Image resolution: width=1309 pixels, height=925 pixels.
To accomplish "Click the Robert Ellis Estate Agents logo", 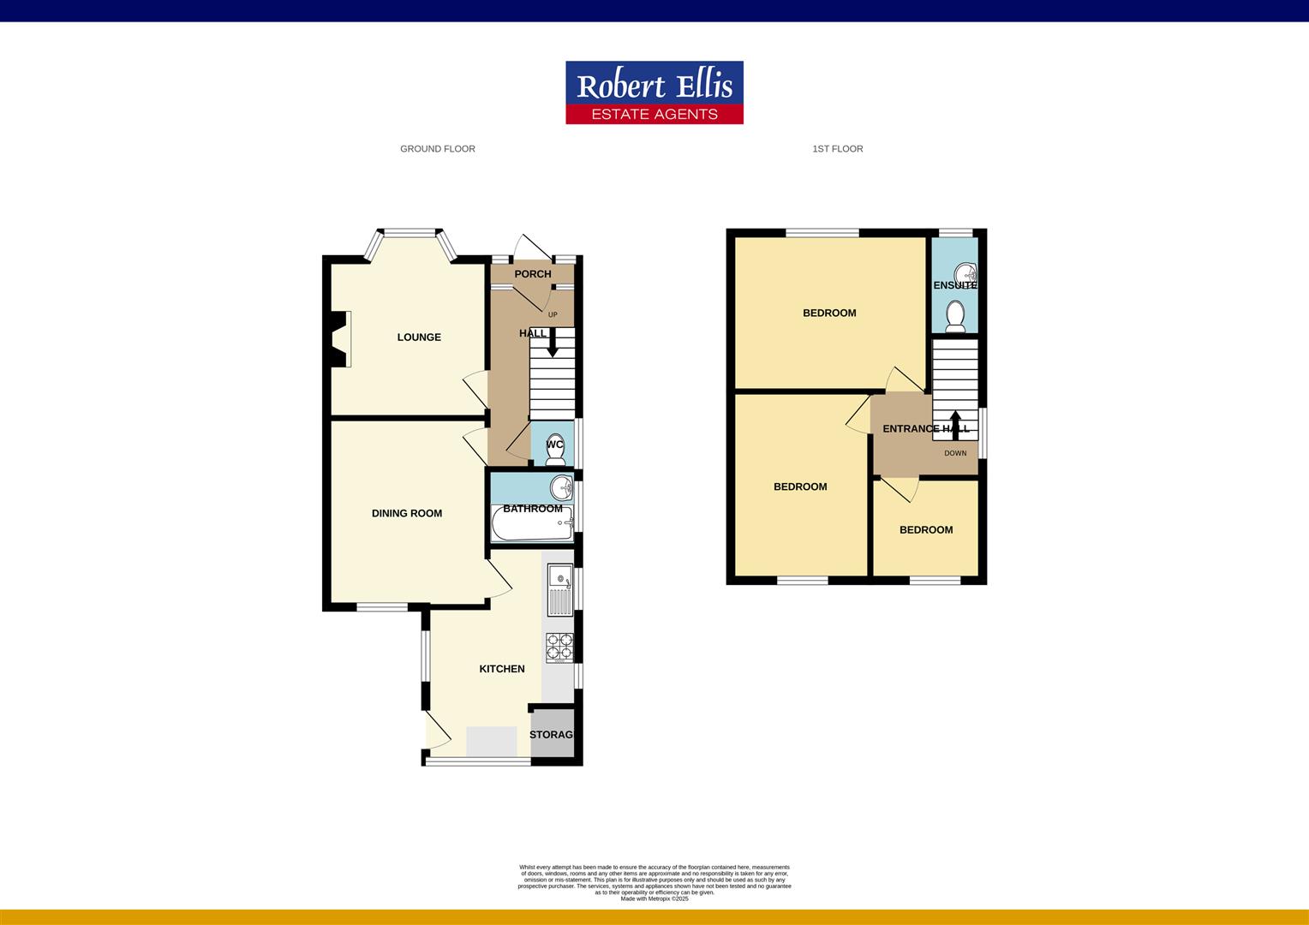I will tap(654, 92).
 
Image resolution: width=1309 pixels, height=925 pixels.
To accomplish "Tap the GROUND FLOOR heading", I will tap(437, 149).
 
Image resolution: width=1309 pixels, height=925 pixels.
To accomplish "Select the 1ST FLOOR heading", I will tap(837, 149).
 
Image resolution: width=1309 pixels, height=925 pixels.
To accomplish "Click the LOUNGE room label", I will tap(419, 337).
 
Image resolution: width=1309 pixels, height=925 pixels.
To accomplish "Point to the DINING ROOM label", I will tap(407, 514).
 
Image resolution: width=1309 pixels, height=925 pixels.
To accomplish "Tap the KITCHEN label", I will tap(501, 669).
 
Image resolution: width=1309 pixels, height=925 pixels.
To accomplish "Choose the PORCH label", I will tap(533, 274).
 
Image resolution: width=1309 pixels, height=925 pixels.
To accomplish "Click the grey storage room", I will tap(552, 735).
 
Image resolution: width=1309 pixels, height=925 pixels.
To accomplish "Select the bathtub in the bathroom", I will tap(532, 524).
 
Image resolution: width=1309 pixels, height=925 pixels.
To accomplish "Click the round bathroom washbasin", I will tap(562, 488).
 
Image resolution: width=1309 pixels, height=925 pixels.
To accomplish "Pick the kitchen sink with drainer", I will tap(560, 589).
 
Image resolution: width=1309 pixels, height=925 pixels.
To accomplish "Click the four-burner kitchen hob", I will tap(559, 647).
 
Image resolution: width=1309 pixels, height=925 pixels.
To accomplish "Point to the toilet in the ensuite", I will tap(955, 317).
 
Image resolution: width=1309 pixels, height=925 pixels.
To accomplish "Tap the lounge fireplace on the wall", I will tap(341, 339).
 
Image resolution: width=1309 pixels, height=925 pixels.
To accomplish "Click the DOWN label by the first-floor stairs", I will tap(955, 453).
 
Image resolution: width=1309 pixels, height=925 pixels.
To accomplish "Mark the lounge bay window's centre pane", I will tap(409, 230).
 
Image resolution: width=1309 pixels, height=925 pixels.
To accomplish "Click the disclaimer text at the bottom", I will tap(654, 882).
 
